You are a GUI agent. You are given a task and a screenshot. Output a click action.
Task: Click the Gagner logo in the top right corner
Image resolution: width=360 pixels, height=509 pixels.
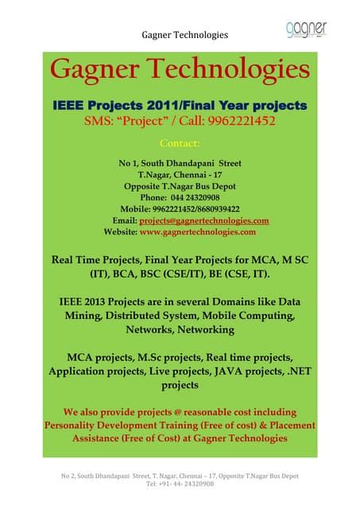click(306, 29)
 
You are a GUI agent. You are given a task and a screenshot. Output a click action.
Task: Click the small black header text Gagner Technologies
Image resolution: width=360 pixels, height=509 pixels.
click(184, 35)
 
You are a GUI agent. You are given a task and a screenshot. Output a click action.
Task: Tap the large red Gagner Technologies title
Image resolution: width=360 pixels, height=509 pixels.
click(180, 71)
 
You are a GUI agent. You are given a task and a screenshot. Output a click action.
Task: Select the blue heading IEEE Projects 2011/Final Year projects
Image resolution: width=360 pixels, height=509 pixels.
click(180, 106)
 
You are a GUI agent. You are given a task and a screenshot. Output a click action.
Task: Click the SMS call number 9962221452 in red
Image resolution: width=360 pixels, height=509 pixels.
click(239, 122)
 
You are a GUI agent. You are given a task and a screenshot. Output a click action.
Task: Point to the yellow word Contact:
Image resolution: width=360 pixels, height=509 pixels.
click(180, 144)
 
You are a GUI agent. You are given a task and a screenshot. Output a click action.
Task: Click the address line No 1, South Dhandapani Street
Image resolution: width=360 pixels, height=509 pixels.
click(180, 163)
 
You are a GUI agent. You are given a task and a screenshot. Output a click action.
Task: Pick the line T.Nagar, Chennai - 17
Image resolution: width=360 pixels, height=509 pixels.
click(180, 174)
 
